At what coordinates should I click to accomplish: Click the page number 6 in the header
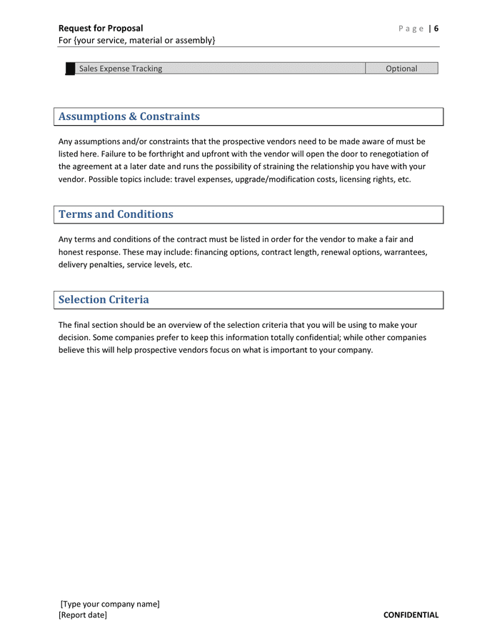click(436, 29)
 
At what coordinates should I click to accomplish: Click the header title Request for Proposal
click(101, 29)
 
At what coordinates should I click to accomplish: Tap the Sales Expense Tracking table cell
click(121, 69)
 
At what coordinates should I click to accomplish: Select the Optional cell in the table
click(401, 69)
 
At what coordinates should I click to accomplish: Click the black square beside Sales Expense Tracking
click(70, 69)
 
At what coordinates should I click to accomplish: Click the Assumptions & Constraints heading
click(129, 116)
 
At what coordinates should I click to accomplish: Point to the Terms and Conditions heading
click(116, 214)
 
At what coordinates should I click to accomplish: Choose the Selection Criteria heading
click(104, 299)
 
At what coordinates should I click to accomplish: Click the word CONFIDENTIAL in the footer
click(411, 615)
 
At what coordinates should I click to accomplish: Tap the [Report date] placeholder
click(83, 615)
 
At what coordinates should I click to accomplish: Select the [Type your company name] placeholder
click(110, 604)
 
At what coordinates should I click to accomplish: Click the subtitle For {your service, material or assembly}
click(136, 41)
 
